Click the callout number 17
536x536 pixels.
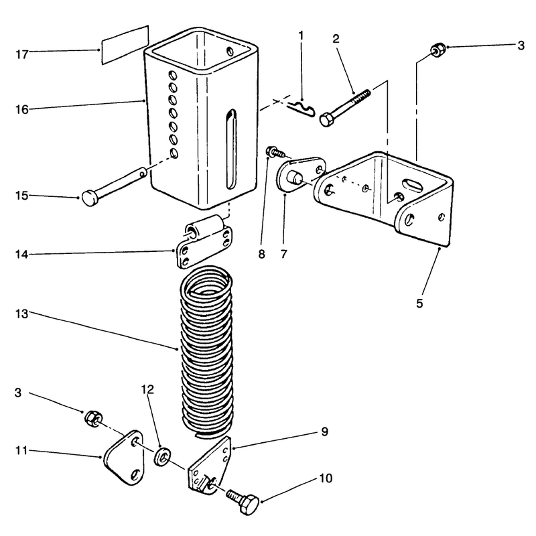[22, 54]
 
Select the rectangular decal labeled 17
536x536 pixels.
[125, 45]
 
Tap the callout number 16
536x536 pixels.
[22, 110]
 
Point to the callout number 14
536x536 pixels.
[22, 255]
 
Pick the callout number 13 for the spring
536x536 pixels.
[22, 314]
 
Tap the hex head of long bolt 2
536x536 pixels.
[328, 120]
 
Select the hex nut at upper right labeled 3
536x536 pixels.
[438, 50]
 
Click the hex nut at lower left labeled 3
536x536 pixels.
[92, 418]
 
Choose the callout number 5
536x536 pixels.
[419, 304]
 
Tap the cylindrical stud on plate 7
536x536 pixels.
[295, 178]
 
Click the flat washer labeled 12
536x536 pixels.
[162, 456]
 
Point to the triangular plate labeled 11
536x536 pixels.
[124, 458]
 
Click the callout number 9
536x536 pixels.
[325, 431]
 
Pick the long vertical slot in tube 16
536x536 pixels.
[231, 149]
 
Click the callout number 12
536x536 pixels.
[147, 389]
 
